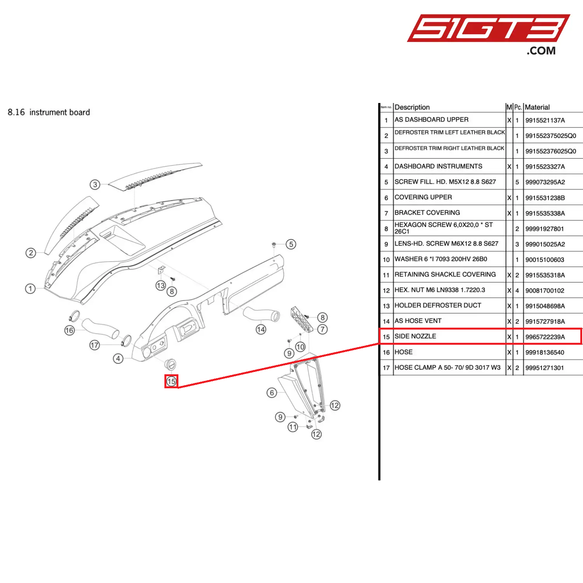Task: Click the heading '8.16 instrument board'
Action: click(x=49, y=112)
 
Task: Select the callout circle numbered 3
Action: click(x=95, y=185)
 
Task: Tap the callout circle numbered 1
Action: click(x=30, y=289)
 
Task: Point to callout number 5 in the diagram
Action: click(x=291, y=244)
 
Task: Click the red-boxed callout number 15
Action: click(x=171, y=381)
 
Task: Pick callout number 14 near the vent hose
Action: click(x=261, y=330)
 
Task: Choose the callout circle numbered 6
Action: click(x=272, y=393)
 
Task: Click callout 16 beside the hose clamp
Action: click(x=70, y=330)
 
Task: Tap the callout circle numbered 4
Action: click(x=118, y=358)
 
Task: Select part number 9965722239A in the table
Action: click(x=545, y=337)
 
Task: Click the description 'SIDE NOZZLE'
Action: click(x=415, y=336)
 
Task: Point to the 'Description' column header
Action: click(x=412, y=107)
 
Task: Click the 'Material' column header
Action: click(x=537, y=107)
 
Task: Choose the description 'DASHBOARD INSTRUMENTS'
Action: click(x=438, y=166)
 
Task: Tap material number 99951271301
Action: click(x=545, y=368)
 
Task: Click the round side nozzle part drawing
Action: click(x=170, y=364)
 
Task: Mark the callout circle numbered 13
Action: click(x=161, y=286)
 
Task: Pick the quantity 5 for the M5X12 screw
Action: click(x=517, y=182)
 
